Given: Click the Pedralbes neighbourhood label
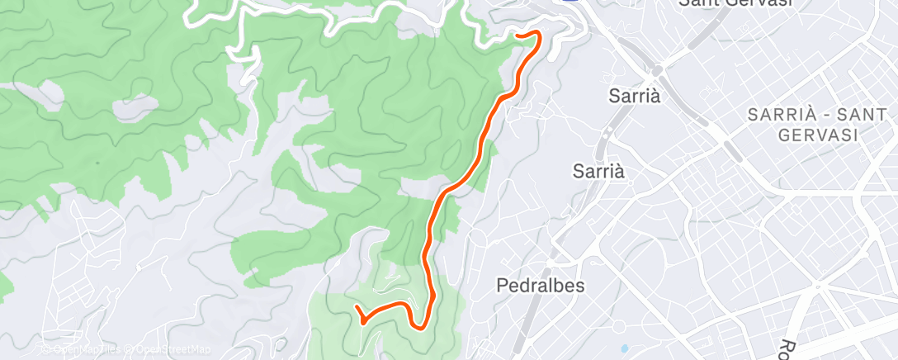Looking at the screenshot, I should (x=541, y=285).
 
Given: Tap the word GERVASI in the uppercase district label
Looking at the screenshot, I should (x=819, y=134).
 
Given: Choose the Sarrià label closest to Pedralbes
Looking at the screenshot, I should (x=599, y=171).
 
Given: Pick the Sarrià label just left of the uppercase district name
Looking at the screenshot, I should (x=635, y=96).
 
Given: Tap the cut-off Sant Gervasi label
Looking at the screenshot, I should (x=735, y=3).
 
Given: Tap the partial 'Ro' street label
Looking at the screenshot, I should (x=788, y=348).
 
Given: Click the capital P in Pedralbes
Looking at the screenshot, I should (x=503, y=285).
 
